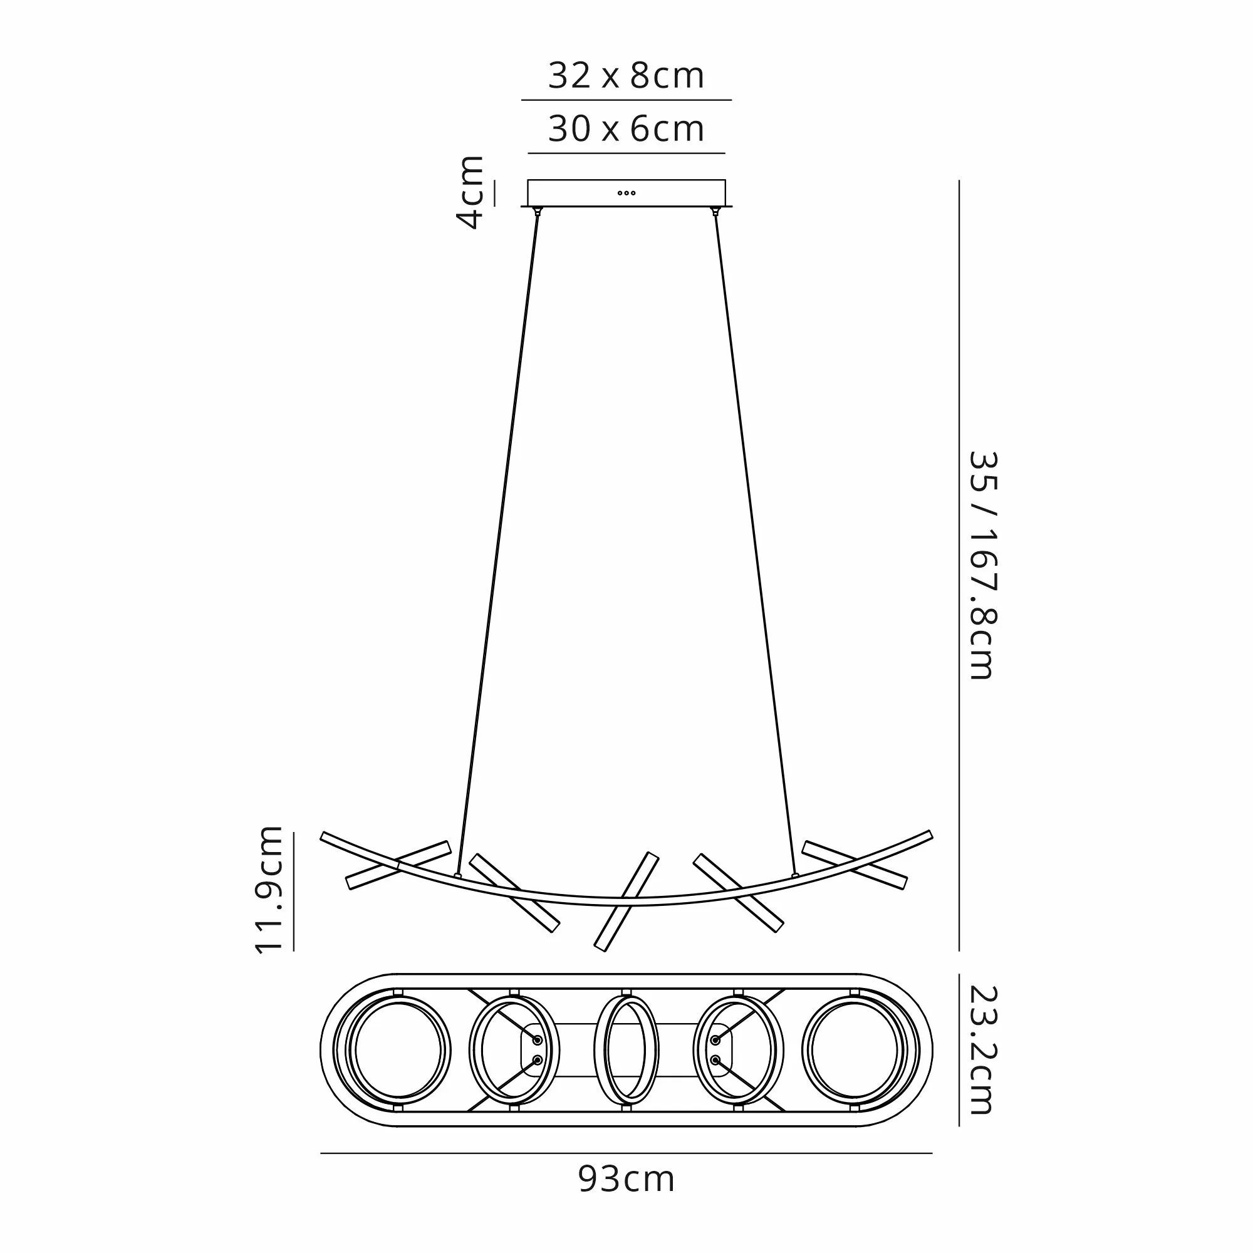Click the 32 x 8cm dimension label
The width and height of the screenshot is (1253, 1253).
tap(626, 76)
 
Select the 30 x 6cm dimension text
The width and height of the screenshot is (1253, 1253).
tap(626, 129)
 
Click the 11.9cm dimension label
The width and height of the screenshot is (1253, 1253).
tap(269, 890)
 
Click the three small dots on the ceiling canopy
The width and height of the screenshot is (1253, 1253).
tap(626, 192)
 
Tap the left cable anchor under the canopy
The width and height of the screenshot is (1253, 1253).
tap(537, 210)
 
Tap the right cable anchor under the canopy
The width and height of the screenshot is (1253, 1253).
tap(715, 210)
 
